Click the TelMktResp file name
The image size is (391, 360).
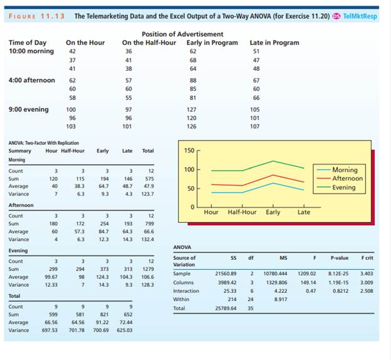point(359,16)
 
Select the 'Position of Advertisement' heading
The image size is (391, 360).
point(182,34)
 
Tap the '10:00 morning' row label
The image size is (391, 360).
point(31,51)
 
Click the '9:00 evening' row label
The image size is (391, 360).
point(28,109)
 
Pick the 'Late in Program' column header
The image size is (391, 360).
point(274,43)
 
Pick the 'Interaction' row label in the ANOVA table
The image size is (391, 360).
point(185,291)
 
